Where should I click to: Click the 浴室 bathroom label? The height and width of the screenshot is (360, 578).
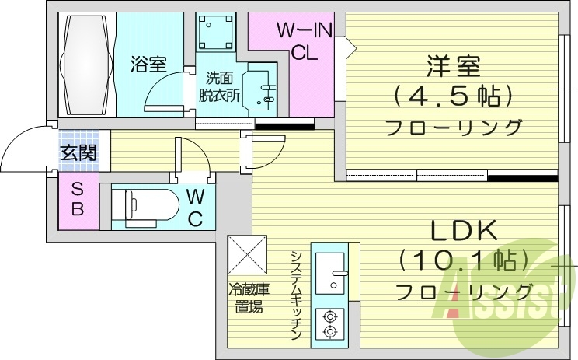[148, 64]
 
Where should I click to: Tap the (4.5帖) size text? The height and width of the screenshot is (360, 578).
[453, 96]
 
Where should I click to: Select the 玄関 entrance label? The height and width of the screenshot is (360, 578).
[79, 153]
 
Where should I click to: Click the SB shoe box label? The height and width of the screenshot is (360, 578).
[78, 199]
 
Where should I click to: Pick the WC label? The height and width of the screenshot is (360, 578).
[195, 206]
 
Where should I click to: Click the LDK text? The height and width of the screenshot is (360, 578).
[463, 232]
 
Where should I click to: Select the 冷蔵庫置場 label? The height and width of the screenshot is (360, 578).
[249, 299]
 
